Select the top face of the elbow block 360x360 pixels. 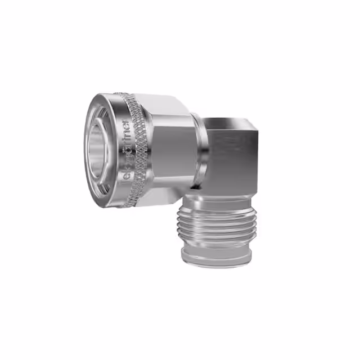click(x=231, y=123)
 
